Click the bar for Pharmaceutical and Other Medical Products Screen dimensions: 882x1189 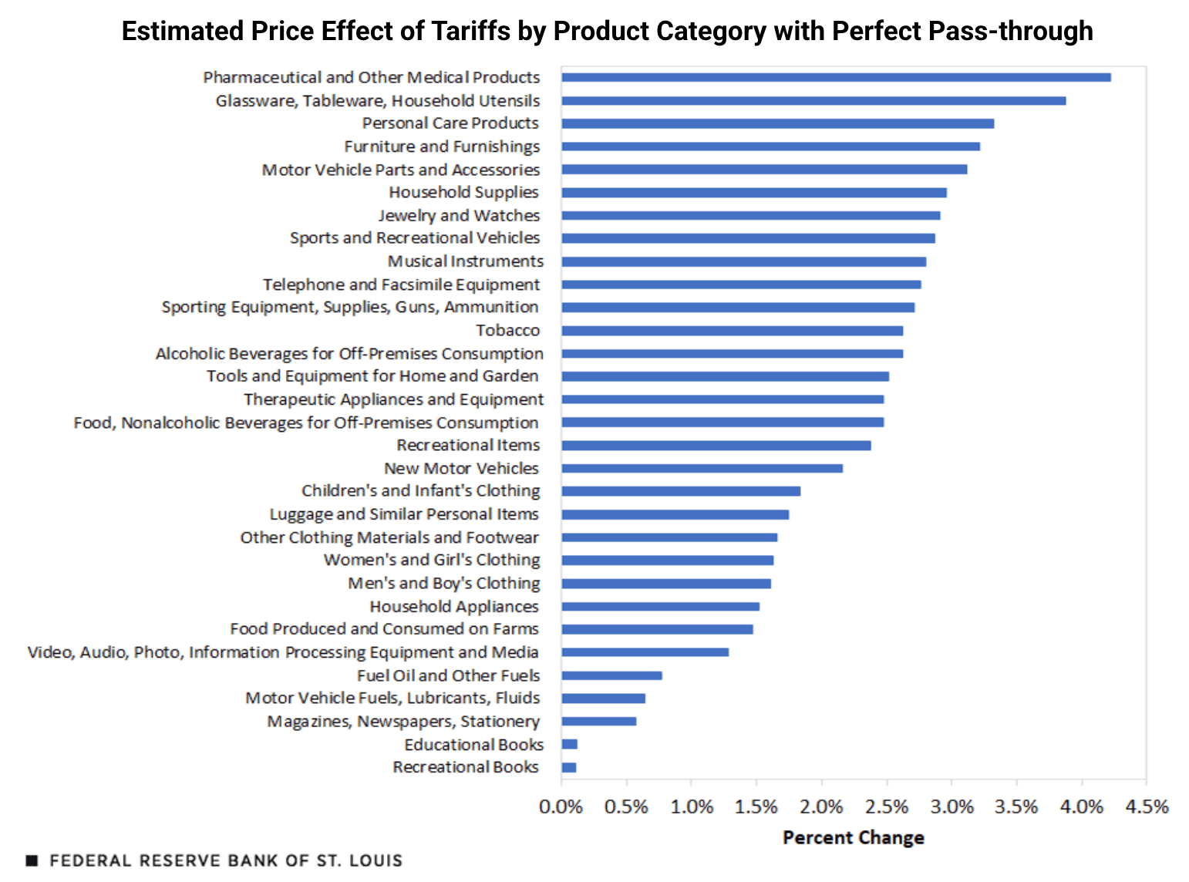pos(836,77)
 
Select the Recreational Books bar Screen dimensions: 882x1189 pos(569,767)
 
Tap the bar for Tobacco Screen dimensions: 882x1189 pos(732,331)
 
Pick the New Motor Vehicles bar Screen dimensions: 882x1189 pos(702,468)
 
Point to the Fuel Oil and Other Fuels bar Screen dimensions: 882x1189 pos(611,675)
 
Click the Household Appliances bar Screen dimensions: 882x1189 pos(660,607)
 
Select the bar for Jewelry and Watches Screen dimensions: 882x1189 pos(750,216)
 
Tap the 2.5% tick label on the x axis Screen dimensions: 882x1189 pos(887,807)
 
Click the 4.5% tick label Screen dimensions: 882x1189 pos(1147,807)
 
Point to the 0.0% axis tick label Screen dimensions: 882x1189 pos(561,807)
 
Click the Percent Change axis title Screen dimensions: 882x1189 pos(853,838)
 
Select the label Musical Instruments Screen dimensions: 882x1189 pos(465,261)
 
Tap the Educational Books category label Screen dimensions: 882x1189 pos(473,745)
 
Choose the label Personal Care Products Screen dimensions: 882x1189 pos(450,123)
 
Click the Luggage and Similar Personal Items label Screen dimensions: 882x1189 pos(404,514)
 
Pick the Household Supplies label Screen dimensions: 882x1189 pos(463,192)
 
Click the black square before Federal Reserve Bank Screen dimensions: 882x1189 pos(32,860)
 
